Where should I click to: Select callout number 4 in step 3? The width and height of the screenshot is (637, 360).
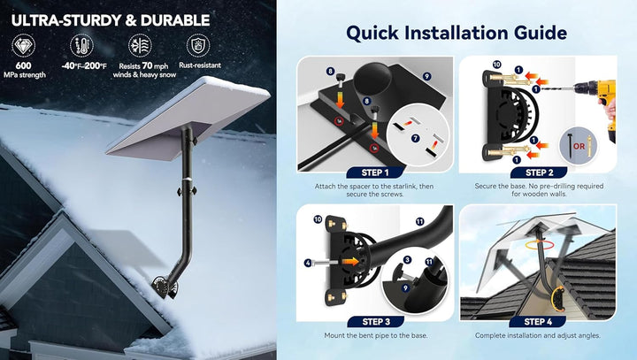tap(307, 262)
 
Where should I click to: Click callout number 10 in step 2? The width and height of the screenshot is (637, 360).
tap(496, 65)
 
